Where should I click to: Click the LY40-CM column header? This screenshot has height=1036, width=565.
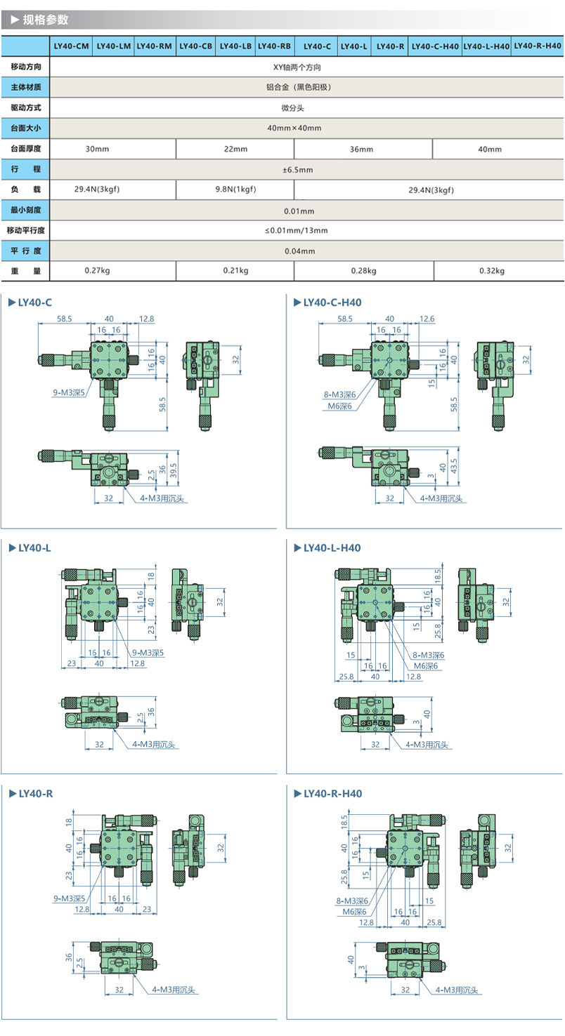pos(72,46)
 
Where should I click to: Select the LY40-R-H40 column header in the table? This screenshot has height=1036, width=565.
pos(538,46)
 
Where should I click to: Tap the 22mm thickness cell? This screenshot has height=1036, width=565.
pos(235,149)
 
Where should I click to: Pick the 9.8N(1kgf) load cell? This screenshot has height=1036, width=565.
pos(235,190)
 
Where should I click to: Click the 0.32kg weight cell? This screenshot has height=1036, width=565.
pos(491,271)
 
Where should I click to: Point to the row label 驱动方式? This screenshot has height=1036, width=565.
pos(25,108)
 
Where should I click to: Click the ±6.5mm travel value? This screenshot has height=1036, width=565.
pos(298,169)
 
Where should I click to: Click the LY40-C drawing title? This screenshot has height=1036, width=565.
pos(34,303)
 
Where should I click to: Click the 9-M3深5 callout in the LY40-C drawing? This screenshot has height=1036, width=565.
pos(69,394)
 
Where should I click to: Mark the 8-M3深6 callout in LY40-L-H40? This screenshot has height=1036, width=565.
pos(429,655)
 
